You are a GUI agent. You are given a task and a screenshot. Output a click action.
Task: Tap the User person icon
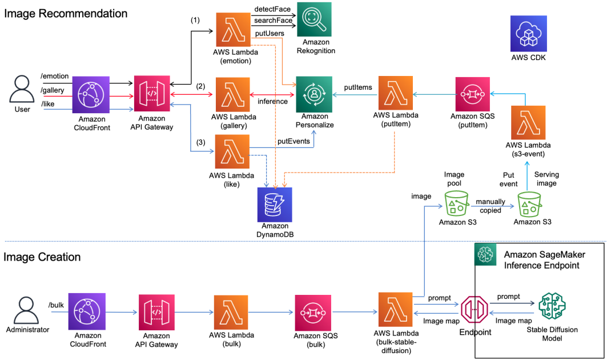[22, 89]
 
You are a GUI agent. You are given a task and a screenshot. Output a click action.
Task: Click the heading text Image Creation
[42, 257]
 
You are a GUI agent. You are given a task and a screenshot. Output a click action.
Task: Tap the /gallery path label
[53, 91]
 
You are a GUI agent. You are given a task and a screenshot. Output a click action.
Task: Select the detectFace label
[272, 9]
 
